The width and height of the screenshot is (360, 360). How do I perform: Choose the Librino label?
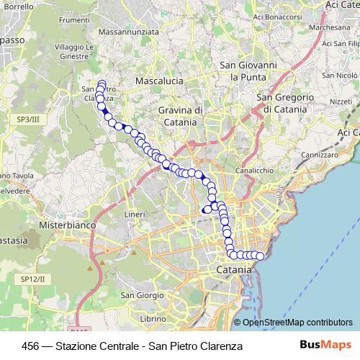154,318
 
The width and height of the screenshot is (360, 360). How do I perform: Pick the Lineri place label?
135,215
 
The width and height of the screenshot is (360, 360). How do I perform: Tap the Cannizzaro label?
320,155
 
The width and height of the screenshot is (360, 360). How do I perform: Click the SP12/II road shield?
32,279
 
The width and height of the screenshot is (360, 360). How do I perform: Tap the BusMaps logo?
326,345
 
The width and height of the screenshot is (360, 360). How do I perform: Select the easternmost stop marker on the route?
261,256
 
